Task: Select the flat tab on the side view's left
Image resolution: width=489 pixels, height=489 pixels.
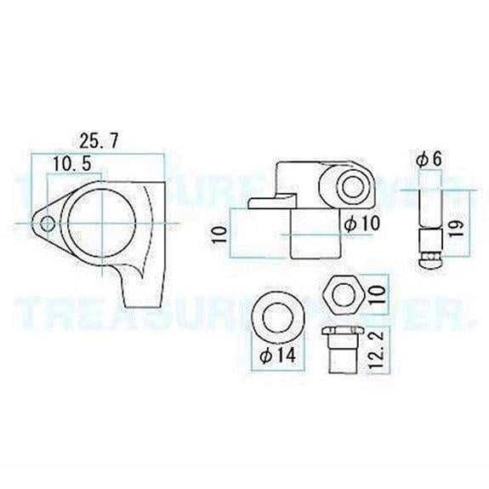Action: tap(267, 201)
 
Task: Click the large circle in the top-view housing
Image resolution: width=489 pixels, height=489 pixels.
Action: tap(103, 219)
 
